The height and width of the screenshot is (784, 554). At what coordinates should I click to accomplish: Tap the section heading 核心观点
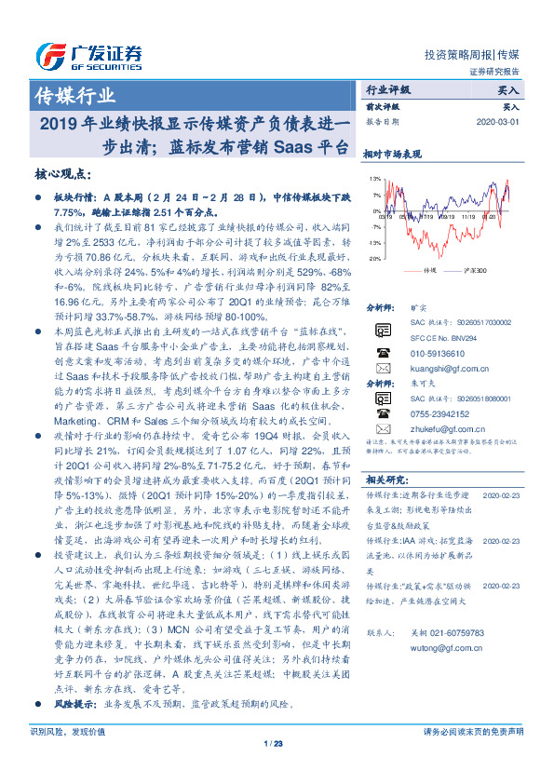(63, 174)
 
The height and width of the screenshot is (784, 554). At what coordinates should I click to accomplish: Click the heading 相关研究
(383, 480)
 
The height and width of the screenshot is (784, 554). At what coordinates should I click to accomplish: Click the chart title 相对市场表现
(392, 154)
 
